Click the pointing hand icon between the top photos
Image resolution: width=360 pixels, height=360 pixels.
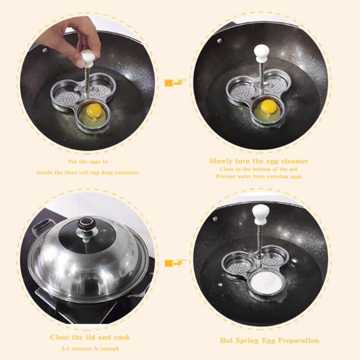click(x=175, y=82)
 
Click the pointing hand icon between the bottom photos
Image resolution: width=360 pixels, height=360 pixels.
click(x=175, y=263)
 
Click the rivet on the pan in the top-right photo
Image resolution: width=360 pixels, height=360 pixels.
click(x=219, y=41)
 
